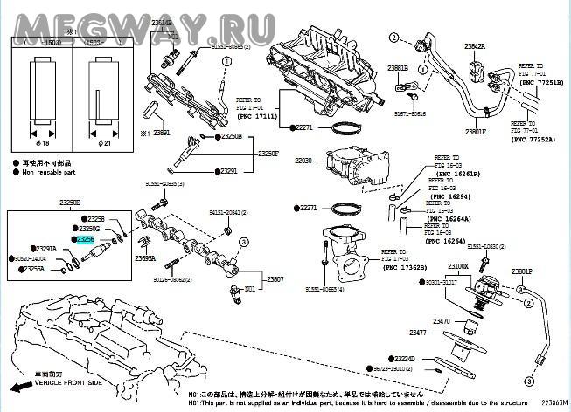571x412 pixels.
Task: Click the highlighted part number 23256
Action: coord(86,239)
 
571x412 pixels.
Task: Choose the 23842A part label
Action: coord(475,45)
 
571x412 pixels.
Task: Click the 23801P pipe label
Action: coord(522,271)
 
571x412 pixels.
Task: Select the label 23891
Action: coord(161,133)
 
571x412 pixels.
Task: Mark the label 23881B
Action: coord(398,67)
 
